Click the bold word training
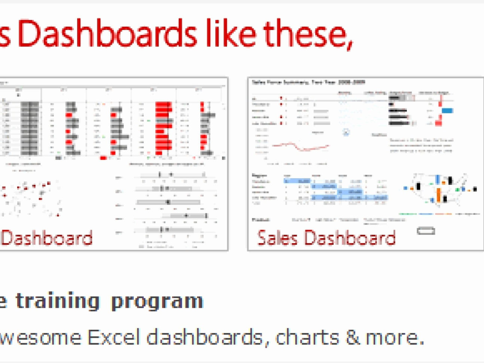58,302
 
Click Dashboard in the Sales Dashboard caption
350,238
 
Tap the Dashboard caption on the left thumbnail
47,238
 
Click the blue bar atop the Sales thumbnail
447,110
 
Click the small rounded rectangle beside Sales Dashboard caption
426,231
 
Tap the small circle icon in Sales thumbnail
346,132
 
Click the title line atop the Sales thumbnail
308,82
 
